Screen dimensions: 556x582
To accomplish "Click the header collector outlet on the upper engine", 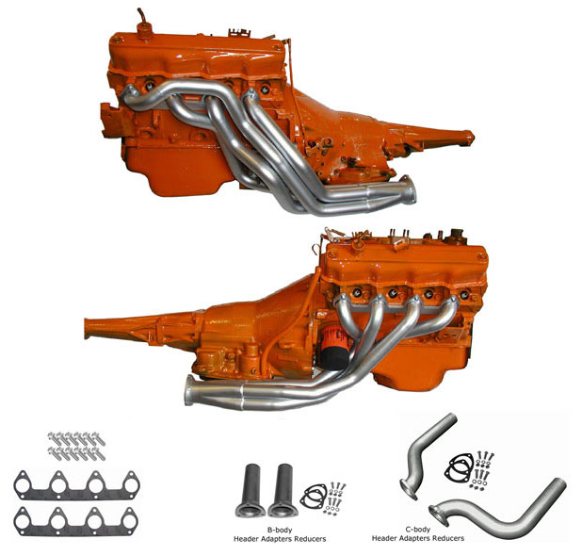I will (406, 195).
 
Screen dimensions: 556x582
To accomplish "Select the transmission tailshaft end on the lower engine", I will (91, 327).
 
